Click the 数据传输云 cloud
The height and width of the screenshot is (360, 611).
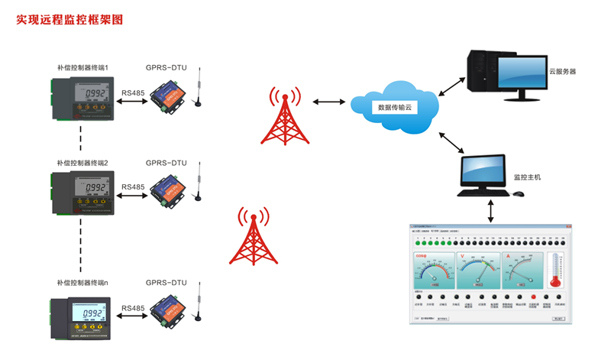click(395, 106)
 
